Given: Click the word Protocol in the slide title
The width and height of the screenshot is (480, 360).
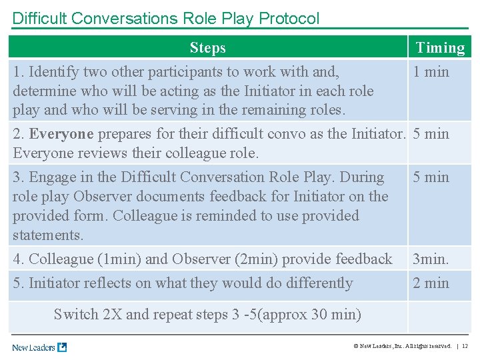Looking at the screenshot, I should [x=287, y=18].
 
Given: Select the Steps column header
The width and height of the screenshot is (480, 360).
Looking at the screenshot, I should [x=207, y=47].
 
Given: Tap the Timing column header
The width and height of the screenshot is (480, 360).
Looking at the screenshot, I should [x=440, y=47].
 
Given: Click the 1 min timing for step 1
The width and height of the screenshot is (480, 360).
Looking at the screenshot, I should [x=431, y=72].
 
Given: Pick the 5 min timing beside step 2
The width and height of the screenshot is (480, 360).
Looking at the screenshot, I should [x=431, y=134].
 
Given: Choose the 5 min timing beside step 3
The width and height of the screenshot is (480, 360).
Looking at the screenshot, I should [x=431, y=177].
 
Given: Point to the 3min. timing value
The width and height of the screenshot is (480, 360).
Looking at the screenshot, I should [x=431, y=259].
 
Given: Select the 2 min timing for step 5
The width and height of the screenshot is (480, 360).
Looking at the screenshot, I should [x=431, y=283].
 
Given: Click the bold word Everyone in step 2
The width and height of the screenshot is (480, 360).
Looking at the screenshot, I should [x=61, y=134].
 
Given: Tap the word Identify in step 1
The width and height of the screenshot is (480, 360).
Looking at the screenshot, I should [x=54, y=72].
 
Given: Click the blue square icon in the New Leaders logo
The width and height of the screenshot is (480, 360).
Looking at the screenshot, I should [x=62, y=347].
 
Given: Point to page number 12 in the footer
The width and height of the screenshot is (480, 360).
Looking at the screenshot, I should [x=465, y=346].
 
